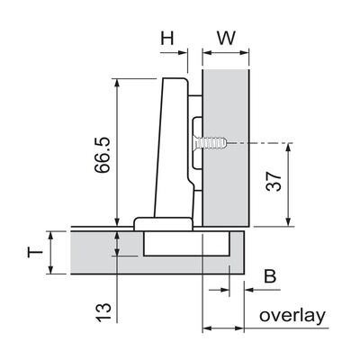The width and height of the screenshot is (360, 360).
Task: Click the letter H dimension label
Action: (167, 38)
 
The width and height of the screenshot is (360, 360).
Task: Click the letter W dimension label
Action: (227, 38)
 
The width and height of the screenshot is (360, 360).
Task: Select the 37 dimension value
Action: (274, 181)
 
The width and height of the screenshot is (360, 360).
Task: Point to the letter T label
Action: (35, 252)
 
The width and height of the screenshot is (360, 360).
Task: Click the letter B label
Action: (270, 276)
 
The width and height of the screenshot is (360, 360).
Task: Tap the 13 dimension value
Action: (103, 312)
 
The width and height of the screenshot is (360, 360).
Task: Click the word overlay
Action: (292, 316)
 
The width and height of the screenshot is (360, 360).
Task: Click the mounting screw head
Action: (195, 143)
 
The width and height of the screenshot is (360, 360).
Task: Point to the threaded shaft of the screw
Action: (213, 143)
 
